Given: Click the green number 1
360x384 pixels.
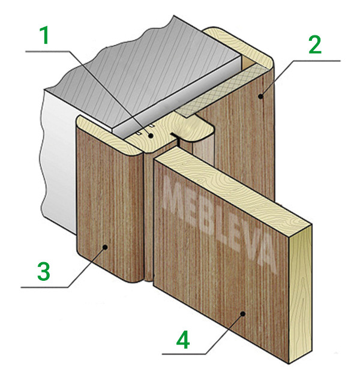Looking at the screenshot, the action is pos(44,35).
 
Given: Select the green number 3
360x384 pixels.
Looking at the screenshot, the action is pos(44,271).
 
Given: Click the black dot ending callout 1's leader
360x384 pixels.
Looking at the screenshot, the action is pos(151,135).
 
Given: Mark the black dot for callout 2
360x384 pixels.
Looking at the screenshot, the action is pos(262,96).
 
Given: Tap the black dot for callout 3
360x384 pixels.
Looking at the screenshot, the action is pos(105,247).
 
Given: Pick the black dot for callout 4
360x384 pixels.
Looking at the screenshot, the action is pos(242,313).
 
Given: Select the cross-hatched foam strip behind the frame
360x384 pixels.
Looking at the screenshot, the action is pos(221,91).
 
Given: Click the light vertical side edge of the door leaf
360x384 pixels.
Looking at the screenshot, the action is pos(301,294).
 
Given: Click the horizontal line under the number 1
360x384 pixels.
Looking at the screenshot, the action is pos(47,52).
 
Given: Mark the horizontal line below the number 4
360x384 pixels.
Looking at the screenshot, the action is pos(184,354).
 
